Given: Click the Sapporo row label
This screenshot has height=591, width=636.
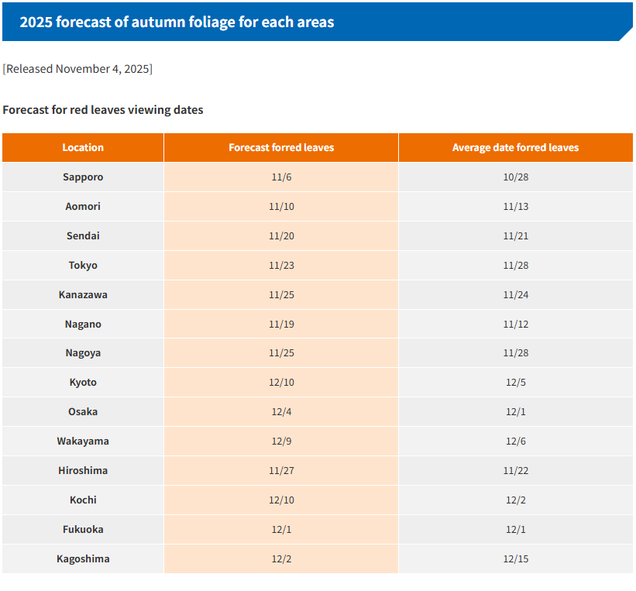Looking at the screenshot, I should click(83, 177).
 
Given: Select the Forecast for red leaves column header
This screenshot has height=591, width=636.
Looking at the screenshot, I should click(281, 147).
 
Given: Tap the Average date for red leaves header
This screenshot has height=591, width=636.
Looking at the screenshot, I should click(515, 147).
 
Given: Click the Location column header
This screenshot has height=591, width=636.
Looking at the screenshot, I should click(83, 147).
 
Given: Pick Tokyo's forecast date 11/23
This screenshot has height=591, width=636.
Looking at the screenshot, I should click(281, 265).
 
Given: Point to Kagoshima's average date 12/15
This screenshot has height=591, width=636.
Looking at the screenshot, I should click(515, 558).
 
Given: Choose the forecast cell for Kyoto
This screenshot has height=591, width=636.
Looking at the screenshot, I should click(281, 383).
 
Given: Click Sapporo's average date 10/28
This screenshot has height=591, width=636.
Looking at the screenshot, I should click(515, 177).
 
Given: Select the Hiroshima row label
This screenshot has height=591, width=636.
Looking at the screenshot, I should click(83, 470).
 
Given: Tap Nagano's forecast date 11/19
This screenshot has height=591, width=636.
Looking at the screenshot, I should click(281, 324).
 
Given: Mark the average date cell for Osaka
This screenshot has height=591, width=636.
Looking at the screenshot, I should click(515, 412).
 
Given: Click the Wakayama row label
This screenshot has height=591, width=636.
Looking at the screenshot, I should click(83, 442).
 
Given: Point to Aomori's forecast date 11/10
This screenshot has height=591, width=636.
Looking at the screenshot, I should click(281, 206).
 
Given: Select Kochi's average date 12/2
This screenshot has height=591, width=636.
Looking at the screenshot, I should click(515, 500).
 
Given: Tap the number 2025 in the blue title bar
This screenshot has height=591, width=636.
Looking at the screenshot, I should click(35, 22).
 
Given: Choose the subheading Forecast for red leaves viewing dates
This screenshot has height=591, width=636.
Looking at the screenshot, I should click(103, 110).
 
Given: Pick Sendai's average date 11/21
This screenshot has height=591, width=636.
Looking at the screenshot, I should click(515, 235).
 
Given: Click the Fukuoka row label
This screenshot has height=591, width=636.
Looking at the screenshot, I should click(83, 529).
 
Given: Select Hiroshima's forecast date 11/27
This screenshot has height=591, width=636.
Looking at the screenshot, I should click(281, 470).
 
